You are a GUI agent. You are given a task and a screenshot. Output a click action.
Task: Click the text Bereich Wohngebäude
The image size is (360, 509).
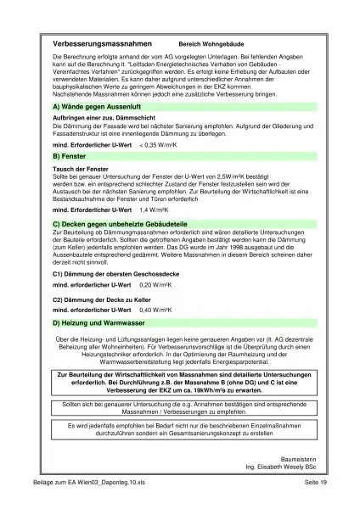click(213, 42)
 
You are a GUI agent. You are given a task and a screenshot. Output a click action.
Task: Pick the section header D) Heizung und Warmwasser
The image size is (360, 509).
click(97, 323)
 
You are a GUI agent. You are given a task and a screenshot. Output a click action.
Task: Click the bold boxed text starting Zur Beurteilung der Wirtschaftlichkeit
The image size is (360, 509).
click(180, 381)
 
